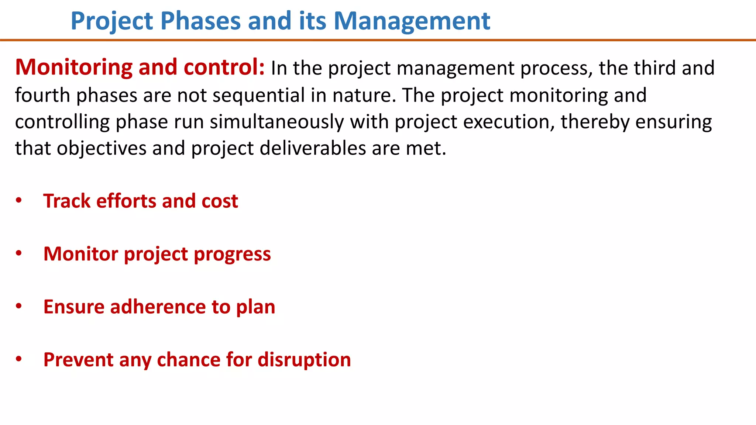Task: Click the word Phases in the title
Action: (x=200, y=21)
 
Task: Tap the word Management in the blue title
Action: (x=412, y=21)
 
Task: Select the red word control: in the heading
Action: (x=224, y=67)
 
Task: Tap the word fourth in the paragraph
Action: (x=42, y=95)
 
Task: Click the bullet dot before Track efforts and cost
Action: (x=19, y=201)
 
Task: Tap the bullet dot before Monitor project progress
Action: (x=19, y=253)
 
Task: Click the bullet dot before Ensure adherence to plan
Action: (x=19, y=306)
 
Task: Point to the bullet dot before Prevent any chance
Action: (x=19, y=359)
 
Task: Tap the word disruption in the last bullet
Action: (x=304, y=360)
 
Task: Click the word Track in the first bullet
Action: (x=67, y=201)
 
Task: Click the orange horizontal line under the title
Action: (x=378, y=40)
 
